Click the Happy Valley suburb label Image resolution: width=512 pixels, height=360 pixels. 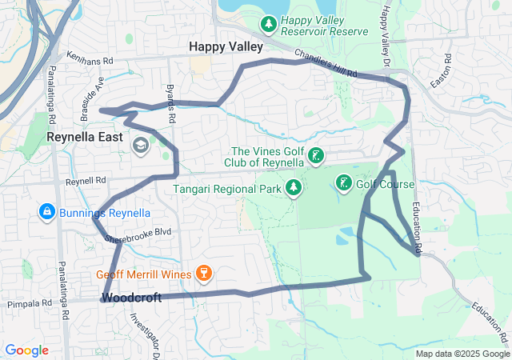point(226,47)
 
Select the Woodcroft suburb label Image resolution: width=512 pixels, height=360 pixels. point(131,298)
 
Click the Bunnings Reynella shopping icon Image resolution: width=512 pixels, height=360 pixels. point(46,211)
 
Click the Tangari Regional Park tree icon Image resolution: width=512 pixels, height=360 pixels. point(294,189)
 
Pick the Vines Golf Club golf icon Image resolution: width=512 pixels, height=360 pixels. point(317,156)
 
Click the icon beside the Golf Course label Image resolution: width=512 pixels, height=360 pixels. point(343,184)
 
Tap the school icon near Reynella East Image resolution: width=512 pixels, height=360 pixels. point(141,145)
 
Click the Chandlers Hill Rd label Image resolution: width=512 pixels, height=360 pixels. point(326,64)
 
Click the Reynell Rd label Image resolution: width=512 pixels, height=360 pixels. point(86,182)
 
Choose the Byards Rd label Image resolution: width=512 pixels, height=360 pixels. point(170,102)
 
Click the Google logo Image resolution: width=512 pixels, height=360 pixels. point(27,350)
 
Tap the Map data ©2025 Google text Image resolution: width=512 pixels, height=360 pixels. point(462,354)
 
